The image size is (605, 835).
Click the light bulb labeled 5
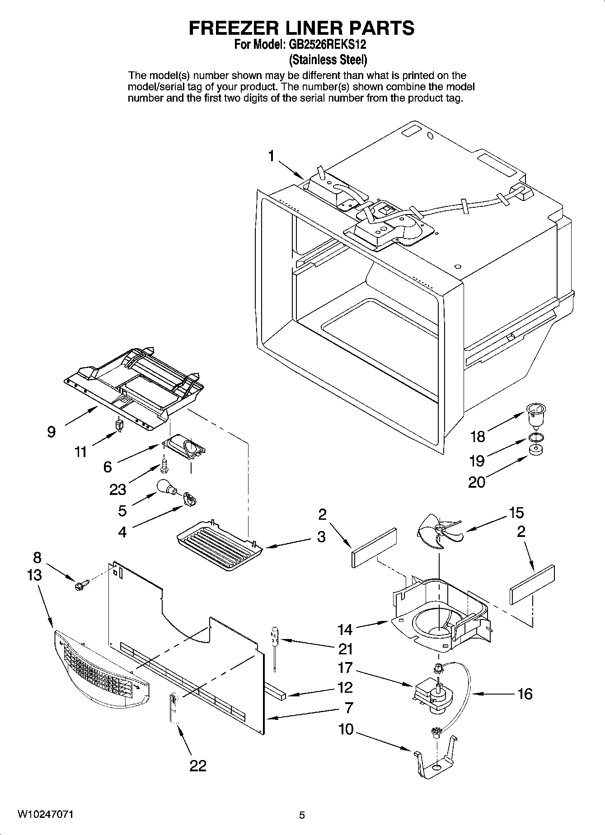(165, 488)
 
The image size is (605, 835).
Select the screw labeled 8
(82, 585)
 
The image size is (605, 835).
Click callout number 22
(198, 765)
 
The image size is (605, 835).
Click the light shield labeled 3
(219, 544)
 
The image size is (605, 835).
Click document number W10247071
(45, 814)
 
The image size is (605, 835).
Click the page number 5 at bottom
(302, 815)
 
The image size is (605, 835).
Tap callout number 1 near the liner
(271, 156)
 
